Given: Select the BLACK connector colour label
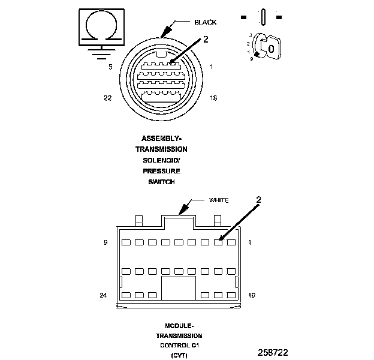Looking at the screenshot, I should (206, 22).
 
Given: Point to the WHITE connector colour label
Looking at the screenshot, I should (219, 200).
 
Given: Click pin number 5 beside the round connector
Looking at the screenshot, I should (110, 67).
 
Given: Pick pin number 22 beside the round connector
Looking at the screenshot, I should (108, 99).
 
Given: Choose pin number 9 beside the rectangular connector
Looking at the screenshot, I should (105, 243).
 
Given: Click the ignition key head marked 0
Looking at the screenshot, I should (271, 47).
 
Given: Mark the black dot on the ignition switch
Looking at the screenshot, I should (257, 55).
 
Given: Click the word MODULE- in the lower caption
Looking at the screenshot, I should (179, 326).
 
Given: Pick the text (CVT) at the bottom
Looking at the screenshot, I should (179, 356).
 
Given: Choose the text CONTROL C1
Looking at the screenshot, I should (179, 346).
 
